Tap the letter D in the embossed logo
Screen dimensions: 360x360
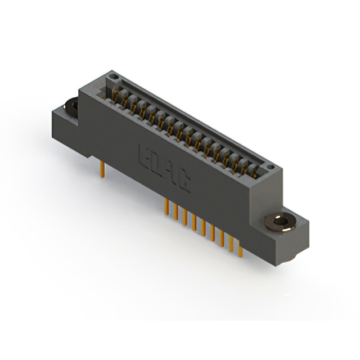pyautogui.click(x=156, y=163)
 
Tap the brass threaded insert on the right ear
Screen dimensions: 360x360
pyautogui.click(x=279, y=222)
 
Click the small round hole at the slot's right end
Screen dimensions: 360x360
pyautogui.click(x=270, y=167)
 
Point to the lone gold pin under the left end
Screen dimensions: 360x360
pyautogui.click(x=102, y=169)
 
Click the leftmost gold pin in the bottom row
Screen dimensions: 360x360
pyautogui.click(x=167, y=206)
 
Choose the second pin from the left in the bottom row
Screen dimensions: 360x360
pyautogui.click(x=176, y=212)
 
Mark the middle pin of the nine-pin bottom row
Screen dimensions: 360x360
pyautogui.click(x=203, y=228)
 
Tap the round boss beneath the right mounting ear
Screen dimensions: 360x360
pyautogui.click(x=292, y=255)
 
